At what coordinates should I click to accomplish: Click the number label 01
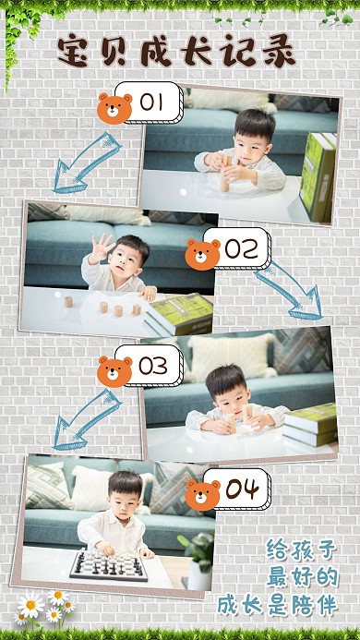[150, 102]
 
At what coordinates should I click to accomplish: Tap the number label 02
[241, 248]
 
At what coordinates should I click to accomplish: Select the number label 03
[153, 366]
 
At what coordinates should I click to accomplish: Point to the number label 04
[242, 489]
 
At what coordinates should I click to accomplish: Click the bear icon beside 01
[114, 109]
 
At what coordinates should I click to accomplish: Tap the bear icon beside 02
[202, 254]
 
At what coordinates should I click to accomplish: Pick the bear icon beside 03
[114, 371]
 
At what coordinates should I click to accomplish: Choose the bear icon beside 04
[202, 495]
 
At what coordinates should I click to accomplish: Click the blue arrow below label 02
[290, 291]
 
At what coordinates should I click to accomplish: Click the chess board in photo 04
[109, 564]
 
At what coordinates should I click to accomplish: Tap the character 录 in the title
[279, 52]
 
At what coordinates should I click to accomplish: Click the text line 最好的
[303, 576]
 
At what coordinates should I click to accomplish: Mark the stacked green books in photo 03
[310, 425]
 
